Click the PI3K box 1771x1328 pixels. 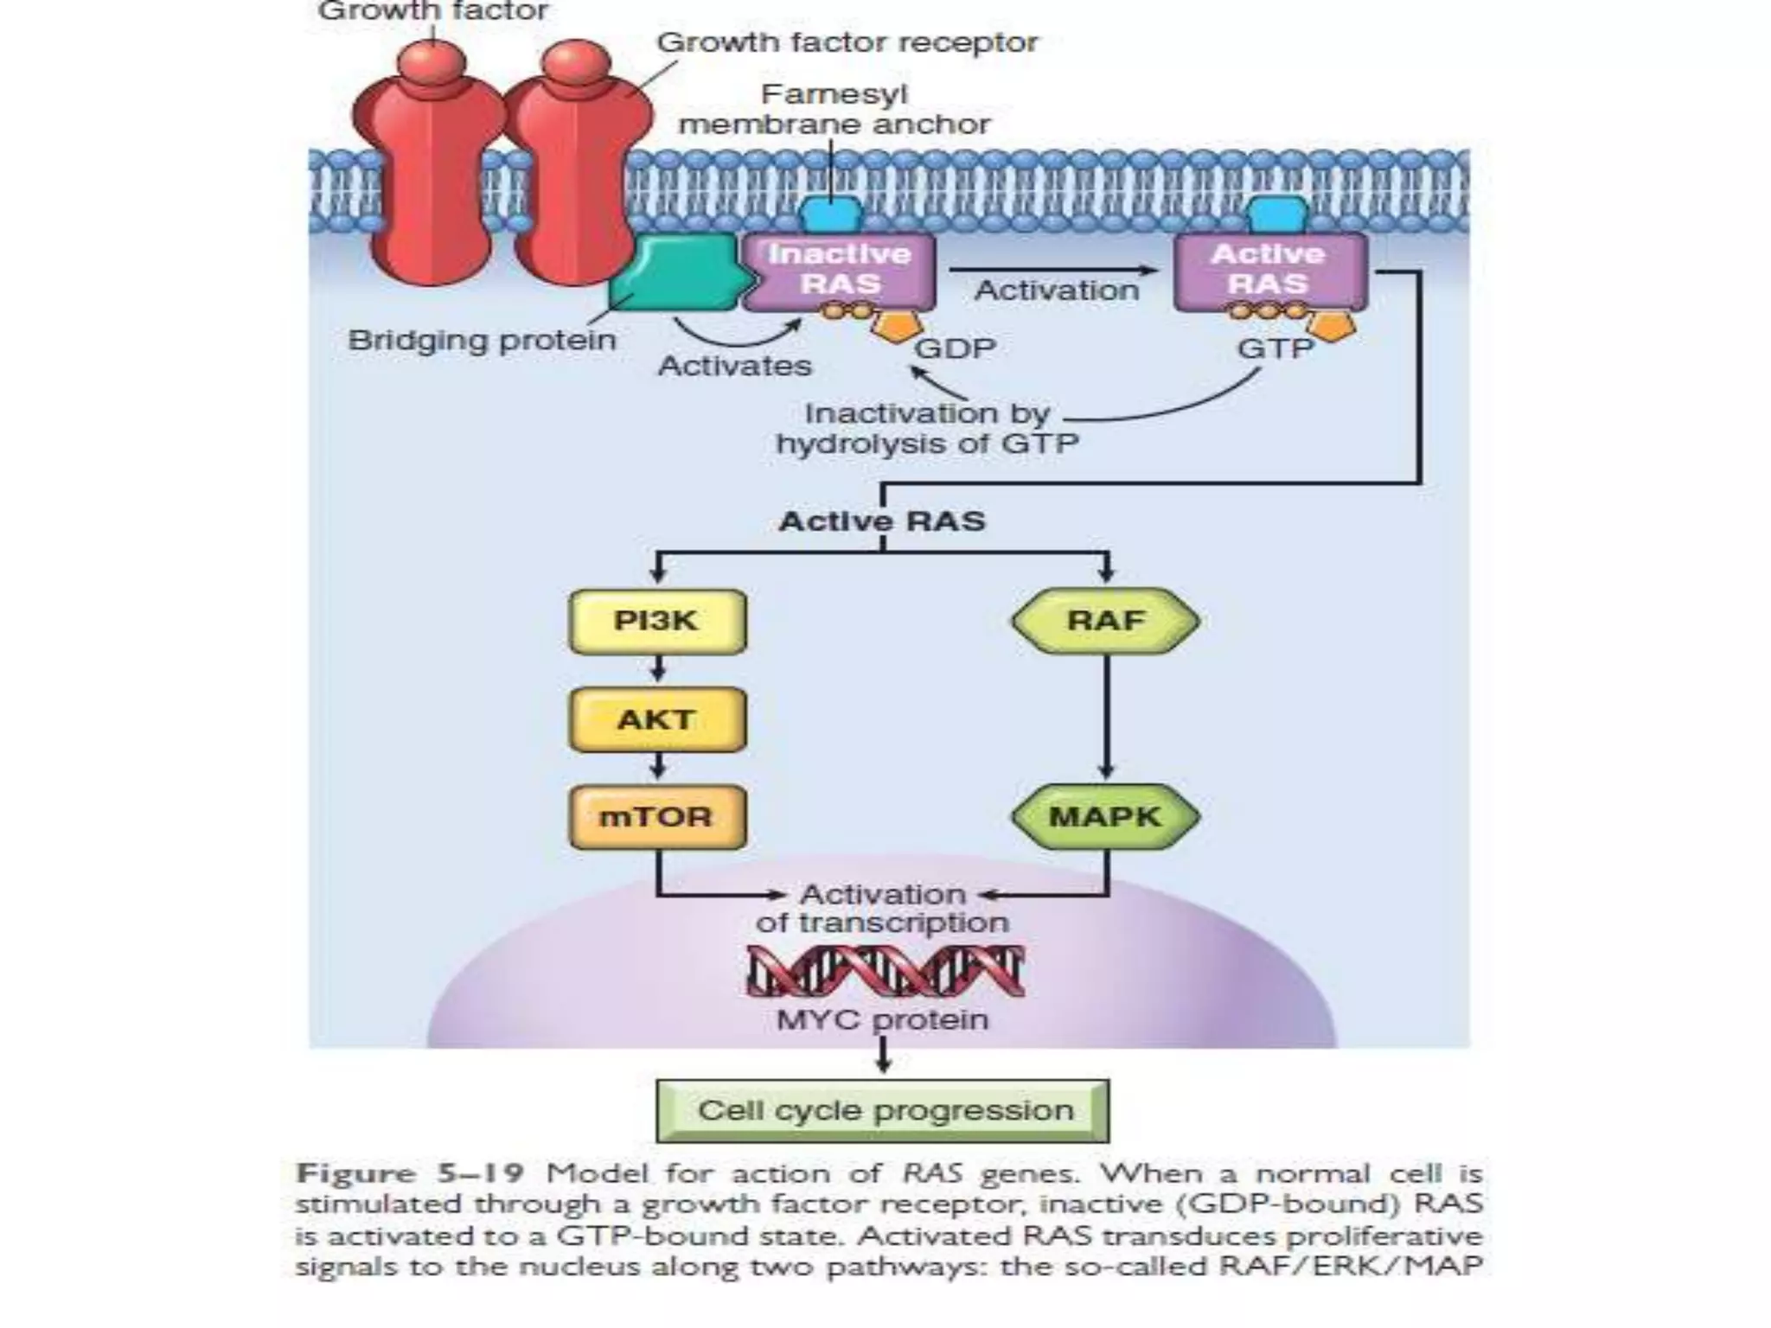pos(657,621)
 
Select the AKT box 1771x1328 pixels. pos(657,719)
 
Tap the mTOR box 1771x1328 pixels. pos(657,817)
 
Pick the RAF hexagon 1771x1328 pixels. pos(1105,621)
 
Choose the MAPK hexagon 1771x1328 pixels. pos(1105,816)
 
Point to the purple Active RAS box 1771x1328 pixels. pos(1269,270)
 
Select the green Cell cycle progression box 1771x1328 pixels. pos(883,1110)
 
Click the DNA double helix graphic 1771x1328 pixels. pos(885,971)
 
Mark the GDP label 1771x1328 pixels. pos(955,348)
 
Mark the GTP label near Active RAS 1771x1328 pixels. pos(1275,348)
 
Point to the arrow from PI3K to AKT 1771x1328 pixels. pos(658,668)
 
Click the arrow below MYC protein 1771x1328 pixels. pos(883,1056)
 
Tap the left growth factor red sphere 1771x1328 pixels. pos(431,59)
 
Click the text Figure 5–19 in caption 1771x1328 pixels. pos(410,1174)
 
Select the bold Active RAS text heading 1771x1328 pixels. pos(882,521)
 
